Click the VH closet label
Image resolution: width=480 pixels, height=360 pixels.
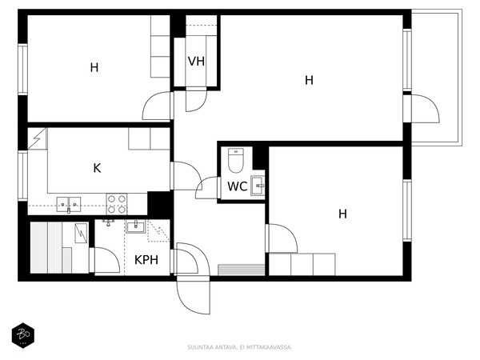point(196,62)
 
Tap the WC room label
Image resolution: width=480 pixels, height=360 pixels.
point(238,186)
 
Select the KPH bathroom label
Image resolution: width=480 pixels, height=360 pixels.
point(146,260)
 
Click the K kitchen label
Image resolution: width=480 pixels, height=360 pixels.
point(97,168)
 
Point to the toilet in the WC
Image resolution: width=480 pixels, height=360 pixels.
point(236,161)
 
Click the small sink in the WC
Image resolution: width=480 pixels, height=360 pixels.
point(258,186)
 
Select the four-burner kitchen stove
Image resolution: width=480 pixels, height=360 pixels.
point(117,204)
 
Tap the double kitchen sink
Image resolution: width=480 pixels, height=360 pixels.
point(69,205)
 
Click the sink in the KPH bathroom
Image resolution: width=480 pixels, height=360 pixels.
point(136,227)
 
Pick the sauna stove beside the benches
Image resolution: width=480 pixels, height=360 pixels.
point(81,234)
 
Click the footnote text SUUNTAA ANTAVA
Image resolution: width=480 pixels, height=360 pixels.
point(212,347)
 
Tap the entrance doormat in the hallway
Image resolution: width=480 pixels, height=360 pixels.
point(242,270)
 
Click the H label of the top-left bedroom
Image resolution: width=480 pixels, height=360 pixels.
point(94,68)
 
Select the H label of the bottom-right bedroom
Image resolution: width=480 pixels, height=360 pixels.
point(343,214)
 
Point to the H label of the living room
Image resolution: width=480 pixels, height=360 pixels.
point(309,80)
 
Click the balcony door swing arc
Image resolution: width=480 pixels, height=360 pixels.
point(432,102)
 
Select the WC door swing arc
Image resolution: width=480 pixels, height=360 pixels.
point(203,182)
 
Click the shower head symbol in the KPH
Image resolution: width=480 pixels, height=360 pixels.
point(108,222)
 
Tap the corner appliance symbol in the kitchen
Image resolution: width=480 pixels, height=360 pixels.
point(37,138)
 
